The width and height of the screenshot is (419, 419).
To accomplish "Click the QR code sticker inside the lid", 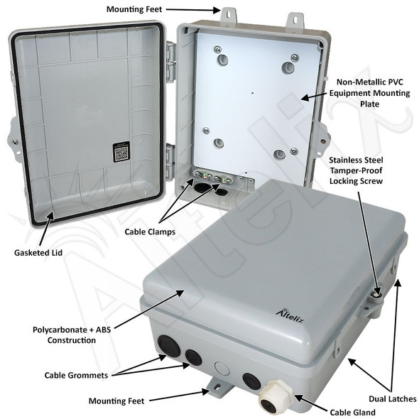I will tap(121, 151).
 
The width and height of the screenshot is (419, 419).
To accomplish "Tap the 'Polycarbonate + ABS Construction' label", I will tap(75, 334).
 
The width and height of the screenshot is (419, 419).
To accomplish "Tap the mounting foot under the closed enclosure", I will tap(216, 386).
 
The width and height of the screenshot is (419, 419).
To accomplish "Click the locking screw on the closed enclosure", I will tap(377, 292).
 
